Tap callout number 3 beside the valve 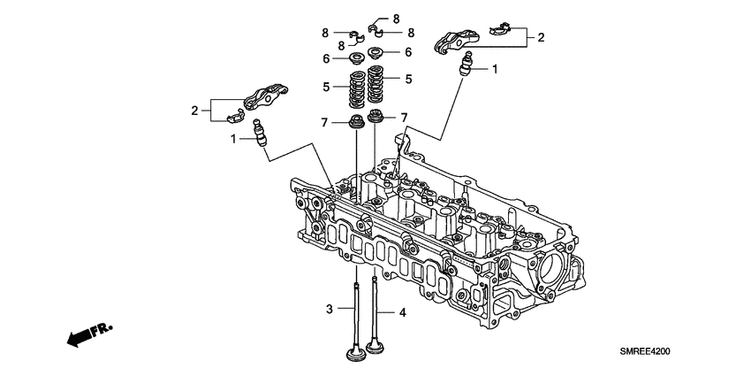pos(329,309)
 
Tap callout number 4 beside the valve pos(402,312)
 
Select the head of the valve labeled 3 pos(356,355)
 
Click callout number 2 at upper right pos(541,37)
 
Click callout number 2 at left pos(195,111)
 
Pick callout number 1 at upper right pos(495,68)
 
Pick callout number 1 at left pos(235,138)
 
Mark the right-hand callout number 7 pos(403,118)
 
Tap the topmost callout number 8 pos(396,18)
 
